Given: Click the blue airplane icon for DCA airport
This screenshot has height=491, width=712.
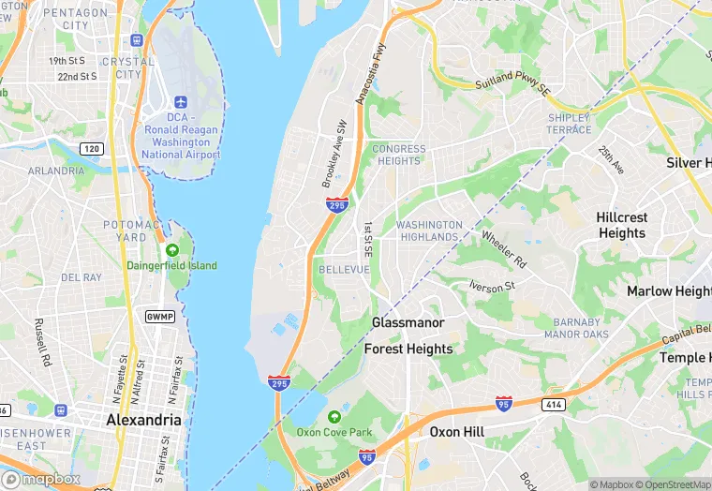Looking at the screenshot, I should point(181,101).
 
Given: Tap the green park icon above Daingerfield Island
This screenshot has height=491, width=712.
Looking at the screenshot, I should point(172,250).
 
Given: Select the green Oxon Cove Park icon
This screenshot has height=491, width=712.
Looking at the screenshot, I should point(334,417).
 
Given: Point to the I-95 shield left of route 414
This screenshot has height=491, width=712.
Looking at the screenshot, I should point(504,403).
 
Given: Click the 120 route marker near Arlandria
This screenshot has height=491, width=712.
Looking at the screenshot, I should point(92,149).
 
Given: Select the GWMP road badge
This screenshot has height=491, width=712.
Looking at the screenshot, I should point(159,317).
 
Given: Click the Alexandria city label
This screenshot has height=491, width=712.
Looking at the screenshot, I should point(143,420).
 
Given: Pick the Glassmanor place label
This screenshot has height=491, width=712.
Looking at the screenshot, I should point(408,322).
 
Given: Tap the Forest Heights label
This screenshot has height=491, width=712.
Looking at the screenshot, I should point(408,349).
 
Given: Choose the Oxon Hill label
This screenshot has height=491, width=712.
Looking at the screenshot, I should point(456,432).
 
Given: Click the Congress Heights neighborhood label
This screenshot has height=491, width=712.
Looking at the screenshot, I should point(398,155).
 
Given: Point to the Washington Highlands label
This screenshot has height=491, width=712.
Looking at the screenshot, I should point(429,231).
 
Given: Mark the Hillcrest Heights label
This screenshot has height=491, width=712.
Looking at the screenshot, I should point(621,225).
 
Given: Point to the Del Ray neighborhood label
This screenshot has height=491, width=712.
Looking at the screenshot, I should point(82,277).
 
